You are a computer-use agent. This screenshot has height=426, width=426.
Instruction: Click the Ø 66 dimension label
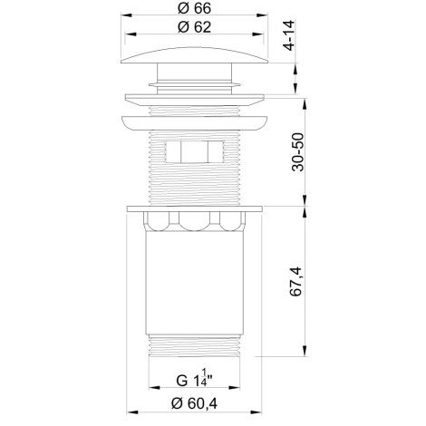194,8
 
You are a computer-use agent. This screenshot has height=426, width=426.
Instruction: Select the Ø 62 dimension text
194,27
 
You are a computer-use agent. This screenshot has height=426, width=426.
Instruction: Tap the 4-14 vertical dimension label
288,35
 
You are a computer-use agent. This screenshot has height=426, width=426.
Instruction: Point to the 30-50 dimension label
298,152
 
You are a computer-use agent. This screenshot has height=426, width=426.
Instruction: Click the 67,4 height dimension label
295,281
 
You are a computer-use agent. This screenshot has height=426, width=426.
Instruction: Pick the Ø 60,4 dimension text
194,403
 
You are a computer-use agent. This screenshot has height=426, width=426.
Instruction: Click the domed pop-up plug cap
194,55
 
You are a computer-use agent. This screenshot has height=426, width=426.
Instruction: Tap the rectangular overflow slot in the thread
194,152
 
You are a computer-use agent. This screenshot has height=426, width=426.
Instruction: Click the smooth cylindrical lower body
194,283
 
